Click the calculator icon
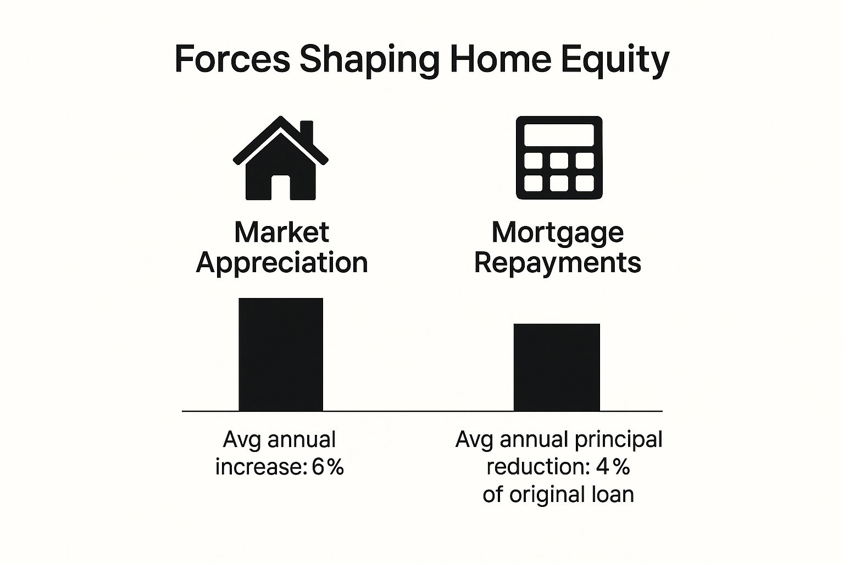(x=559, y=158)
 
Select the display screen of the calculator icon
(x=559, y=135)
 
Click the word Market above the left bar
(x=281, y=232)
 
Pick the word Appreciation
(x=281, y=262)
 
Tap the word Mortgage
(x=557, y=233)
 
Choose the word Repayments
(x=557, y=262)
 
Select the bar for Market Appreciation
(x=281, y=355)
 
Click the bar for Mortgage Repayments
(x=557, y=367)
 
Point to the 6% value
(x=327, y=467)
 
